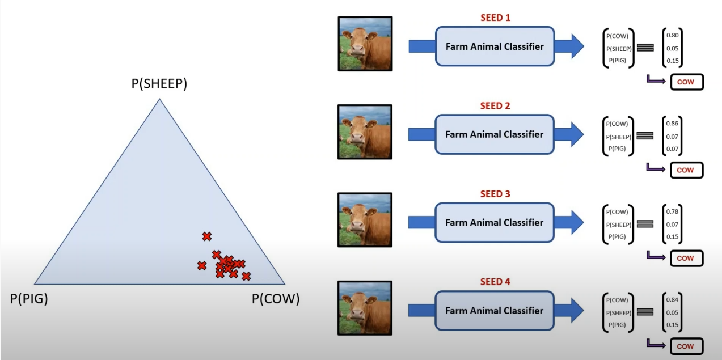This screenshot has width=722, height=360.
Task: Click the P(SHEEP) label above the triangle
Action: [x=159, y=84]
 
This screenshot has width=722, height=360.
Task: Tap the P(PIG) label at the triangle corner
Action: [x=29, y=299]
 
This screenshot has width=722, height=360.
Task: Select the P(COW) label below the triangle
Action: [x=276, y=299]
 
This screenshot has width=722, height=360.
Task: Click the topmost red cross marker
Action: [x=207, y=236]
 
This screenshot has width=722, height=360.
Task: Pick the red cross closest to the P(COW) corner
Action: [x=246, y=276]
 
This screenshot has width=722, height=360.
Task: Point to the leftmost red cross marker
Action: [x=201, y=265]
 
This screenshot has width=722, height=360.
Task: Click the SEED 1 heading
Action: [x=495, y=18]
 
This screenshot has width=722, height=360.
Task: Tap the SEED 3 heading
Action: [x=495, y=194]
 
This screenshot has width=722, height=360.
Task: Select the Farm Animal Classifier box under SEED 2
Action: [x=494, y=134]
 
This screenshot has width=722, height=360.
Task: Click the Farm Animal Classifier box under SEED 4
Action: [x=494, y=311]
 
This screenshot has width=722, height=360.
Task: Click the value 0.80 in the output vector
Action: [x=673, y=36]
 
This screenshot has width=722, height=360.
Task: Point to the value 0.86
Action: [x=673, y=124]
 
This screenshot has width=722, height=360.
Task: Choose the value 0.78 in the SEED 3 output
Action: [x=673, y=211]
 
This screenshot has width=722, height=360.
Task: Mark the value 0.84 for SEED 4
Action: [x=673, y=299]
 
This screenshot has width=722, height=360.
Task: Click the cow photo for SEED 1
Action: [x=365, y=44]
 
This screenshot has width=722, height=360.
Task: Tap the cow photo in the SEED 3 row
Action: [x=365, y=219]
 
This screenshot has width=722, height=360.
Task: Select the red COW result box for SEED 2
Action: [x=686, y=170]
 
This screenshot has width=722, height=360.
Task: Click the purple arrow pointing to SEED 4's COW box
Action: [x=656, y=344]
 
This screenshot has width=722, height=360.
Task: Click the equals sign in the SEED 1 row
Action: [x=645, y=48]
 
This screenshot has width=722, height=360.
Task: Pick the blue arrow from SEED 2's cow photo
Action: [x=420, y=134]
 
